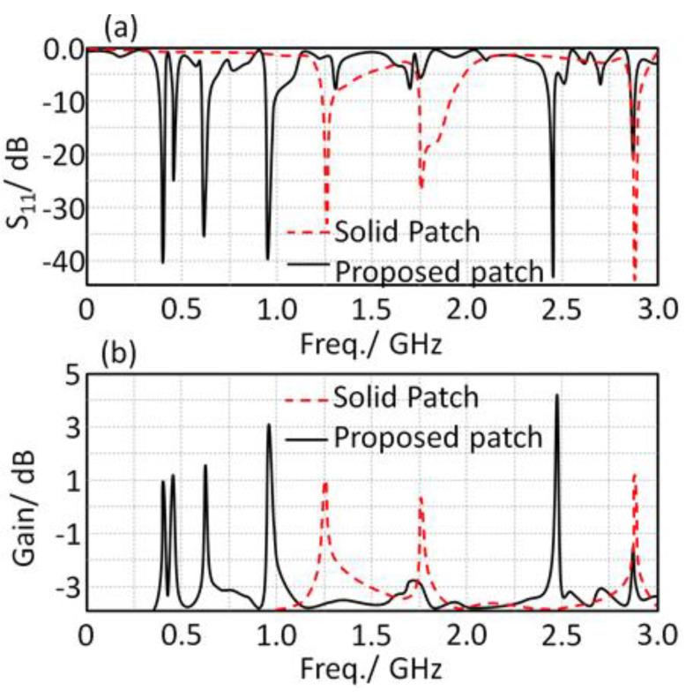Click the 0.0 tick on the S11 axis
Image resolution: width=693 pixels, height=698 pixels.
tap(59, 50)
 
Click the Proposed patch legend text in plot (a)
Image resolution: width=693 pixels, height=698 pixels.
tap(438, 272)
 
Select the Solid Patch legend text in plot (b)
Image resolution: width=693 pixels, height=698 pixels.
tap(406, 397)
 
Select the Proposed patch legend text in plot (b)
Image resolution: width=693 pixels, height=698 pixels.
tap(438, 436)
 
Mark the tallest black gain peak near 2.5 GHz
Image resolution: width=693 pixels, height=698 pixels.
tap(556, 395)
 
